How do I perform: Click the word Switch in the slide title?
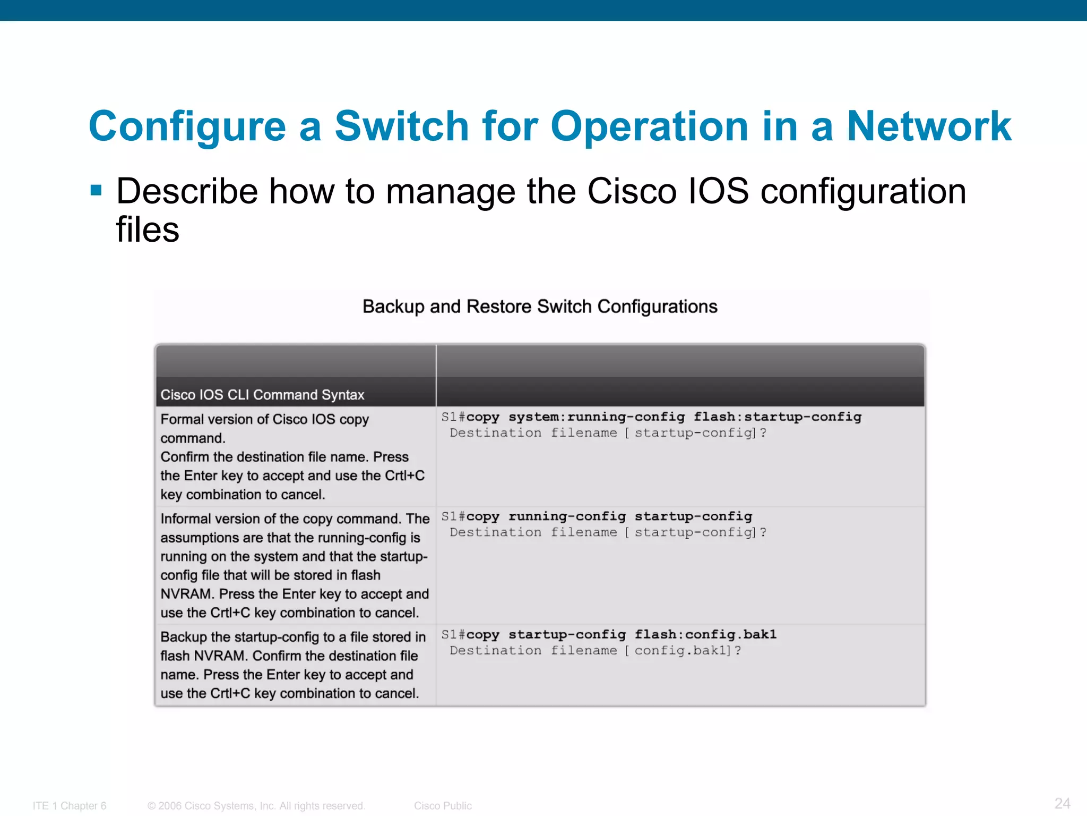click(401, 126)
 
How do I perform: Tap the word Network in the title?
click(929, 126)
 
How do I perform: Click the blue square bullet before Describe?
click(96, 190)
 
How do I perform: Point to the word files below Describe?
click(148, 229)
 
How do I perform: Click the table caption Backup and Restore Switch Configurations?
click(540, 307)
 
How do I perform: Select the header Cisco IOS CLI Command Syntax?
click(262, 395)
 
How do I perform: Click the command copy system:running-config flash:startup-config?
click(663, 417)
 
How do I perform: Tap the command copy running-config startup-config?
click(609, 516)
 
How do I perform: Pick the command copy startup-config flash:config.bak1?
click(621, 634)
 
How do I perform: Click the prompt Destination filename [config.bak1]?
click(595, 650)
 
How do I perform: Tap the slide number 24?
click(1062, 803)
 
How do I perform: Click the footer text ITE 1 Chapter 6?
click(70, 806)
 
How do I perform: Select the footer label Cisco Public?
click(443, 806)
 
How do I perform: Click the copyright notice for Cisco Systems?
click(256, 806)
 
